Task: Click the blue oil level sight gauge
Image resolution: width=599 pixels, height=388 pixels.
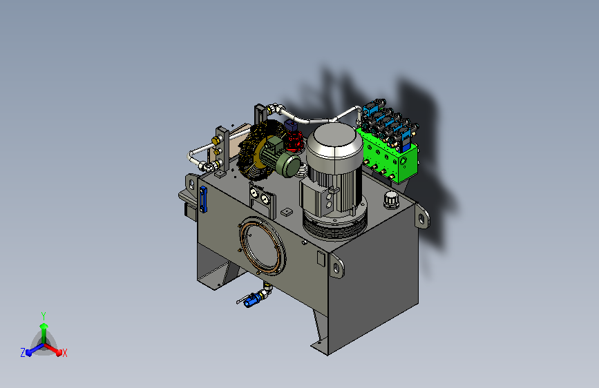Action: [x=203, y=200]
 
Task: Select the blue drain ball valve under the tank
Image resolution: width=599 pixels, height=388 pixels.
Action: [x=251, y=300]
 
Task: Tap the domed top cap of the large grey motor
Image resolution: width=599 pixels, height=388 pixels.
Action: [x=334, y=140]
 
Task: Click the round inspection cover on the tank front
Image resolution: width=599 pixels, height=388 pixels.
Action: [x=263, y=246]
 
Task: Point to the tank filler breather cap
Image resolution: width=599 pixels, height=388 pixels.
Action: [x=391, y=200]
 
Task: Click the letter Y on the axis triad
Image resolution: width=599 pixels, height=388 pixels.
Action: [x=44, y=316]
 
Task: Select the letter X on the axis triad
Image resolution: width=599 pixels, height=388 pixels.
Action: [x=64, y=353]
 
